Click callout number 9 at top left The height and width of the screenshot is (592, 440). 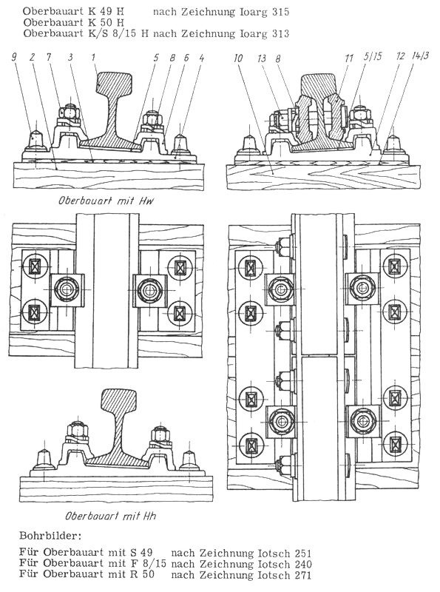[x=14, y=58]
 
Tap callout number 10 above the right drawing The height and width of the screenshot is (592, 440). [x=239, y=58]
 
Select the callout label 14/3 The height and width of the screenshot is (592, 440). [x=421, y=56]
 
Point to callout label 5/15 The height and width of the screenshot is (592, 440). [x=373, y=57]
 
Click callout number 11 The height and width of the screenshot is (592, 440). [x=349, y=58]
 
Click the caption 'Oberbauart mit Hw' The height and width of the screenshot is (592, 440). [x=106, y=201]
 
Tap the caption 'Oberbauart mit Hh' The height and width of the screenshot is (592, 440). [x=111, y=516]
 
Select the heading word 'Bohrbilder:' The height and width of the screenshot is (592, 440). [x=50, y=535]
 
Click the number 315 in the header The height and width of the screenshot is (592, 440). [x=280, y=12]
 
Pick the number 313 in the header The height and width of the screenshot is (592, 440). [x=280, y=33]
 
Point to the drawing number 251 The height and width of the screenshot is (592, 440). [x=302, y=554]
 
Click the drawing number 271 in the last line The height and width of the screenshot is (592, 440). [x=302, y=575]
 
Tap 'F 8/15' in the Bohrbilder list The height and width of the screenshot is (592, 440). [x=148, y=564]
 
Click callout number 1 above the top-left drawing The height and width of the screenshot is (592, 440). [x=93, y=58]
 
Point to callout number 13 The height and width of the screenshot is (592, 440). [x=262, y=58]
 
